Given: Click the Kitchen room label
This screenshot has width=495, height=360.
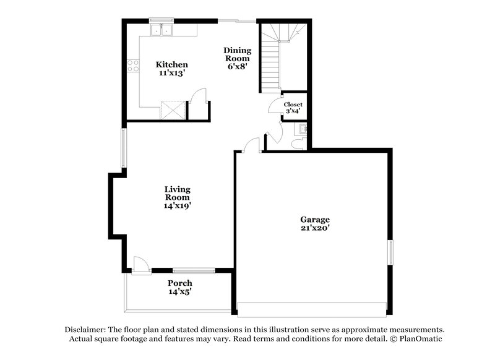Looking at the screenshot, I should [x=171, y=64].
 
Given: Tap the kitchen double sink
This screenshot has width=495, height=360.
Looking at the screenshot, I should [x=162, y=29].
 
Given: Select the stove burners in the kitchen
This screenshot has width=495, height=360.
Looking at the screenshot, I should [x=132, y=65].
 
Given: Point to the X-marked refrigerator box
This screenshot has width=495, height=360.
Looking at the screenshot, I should [x=172, y=110].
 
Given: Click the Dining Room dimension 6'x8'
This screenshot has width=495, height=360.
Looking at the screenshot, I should [x=238, y=67].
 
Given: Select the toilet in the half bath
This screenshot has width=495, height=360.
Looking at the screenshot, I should [x=297, y=143].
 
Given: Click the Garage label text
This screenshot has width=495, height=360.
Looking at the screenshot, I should [x=315, y=220].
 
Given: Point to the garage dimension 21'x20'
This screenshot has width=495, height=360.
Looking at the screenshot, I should [x=315, y=228].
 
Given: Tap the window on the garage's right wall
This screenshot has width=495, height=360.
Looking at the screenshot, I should [x=390, y=252].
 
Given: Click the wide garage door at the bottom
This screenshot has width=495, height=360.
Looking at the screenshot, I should [x=312, y=309].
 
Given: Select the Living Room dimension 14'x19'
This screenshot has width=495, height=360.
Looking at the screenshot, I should [x=177, y=206].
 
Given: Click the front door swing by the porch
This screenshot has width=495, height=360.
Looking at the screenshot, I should [x=140, y=265].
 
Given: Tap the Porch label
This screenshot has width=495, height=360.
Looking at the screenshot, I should [x=180, y=283].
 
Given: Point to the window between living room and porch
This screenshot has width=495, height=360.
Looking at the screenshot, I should [x=194, y=270].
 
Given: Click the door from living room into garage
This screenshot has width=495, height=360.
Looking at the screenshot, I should [x=251, y=146].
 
